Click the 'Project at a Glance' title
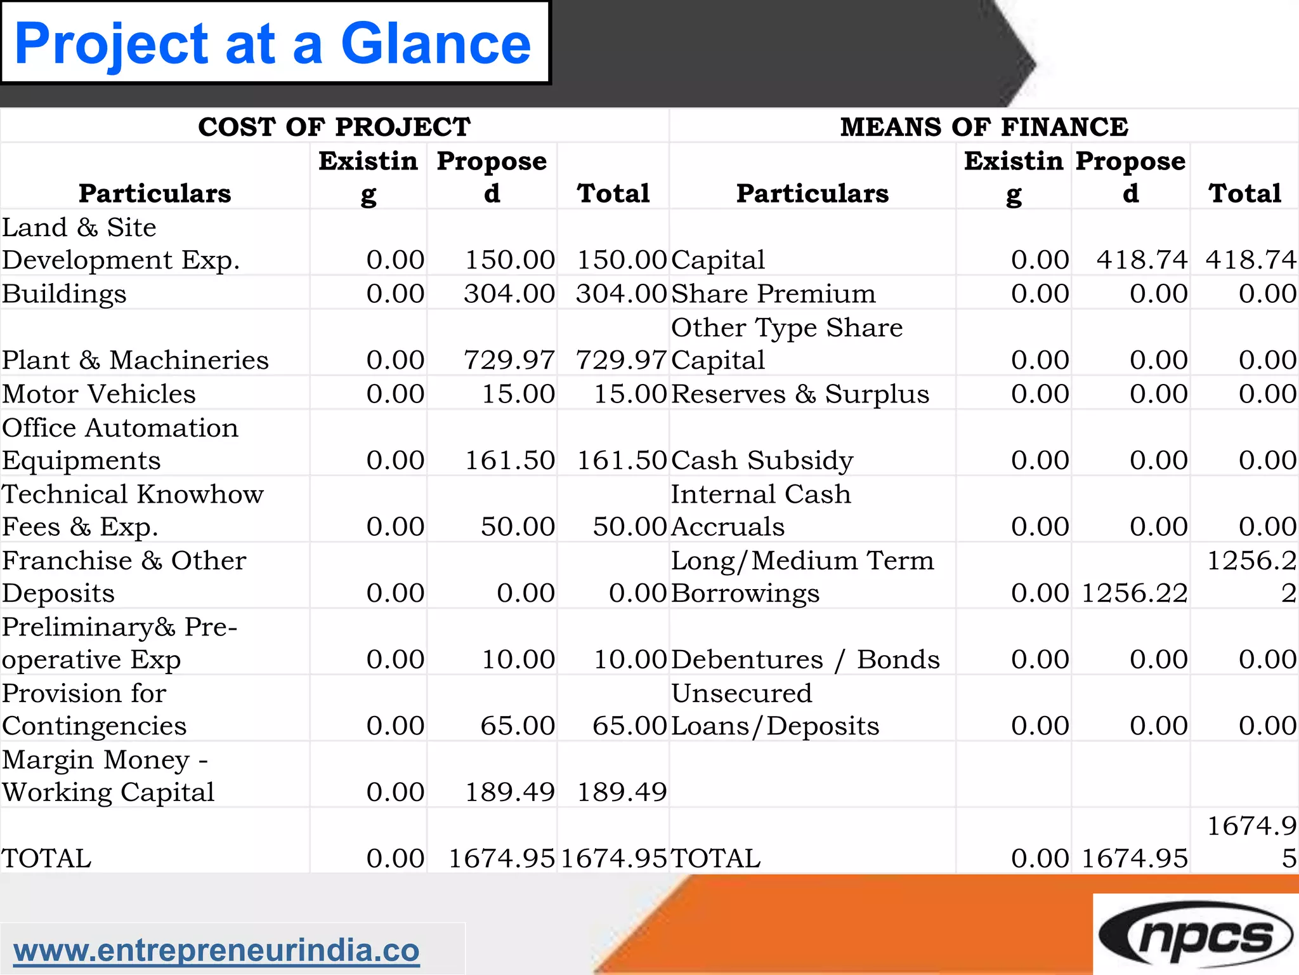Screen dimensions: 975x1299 point(273,43)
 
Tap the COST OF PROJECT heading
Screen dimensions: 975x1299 point(334,127)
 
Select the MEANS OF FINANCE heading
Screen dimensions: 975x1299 point(984,127)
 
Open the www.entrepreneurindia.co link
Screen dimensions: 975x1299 point(216,950)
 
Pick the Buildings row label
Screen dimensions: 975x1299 point(64,294)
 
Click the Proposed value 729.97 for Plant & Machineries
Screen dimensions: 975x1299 point(509,360)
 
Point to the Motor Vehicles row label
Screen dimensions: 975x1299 point(99,394)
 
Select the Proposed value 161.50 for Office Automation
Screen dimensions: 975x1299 point(510,460)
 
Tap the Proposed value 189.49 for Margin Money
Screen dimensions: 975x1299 point(510,792)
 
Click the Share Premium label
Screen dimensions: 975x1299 point(773,294)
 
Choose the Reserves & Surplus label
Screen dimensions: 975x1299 point(800,394)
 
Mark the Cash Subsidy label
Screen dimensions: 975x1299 point(762,460)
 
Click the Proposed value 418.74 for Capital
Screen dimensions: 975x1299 point(1141,260)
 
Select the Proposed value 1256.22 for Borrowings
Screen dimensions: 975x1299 point(1134,593)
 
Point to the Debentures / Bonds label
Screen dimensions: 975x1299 point(805,660)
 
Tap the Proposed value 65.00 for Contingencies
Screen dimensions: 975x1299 point(518,726)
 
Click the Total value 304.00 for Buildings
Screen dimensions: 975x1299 point(621,294)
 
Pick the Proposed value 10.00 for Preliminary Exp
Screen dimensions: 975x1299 point(518,660)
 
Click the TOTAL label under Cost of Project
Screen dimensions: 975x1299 point(46,858)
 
